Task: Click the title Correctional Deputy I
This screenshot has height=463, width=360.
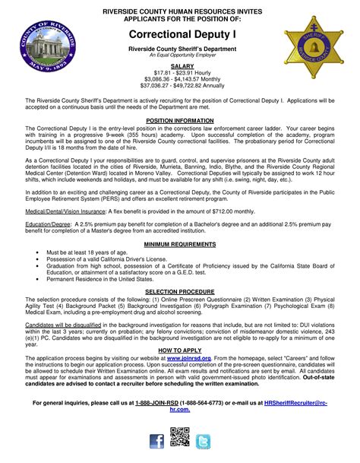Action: coord(180,35)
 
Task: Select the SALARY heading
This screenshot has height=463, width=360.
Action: coord(180,66)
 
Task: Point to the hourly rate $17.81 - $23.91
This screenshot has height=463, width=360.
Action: coord(180,73)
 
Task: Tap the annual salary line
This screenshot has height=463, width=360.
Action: coord(180,86)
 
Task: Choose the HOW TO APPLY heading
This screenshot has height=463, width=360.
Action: coord(180,349)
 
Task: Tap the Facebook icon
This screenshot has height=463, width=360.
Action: coord(156,441)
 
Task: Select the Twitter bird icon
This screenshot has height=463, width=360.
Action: coord(204,441)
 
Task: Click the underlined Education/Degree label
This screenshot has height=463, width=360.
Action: coord(46,225)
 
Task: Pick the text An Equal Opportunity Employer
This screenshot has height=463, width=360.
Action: coord(180,55)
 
